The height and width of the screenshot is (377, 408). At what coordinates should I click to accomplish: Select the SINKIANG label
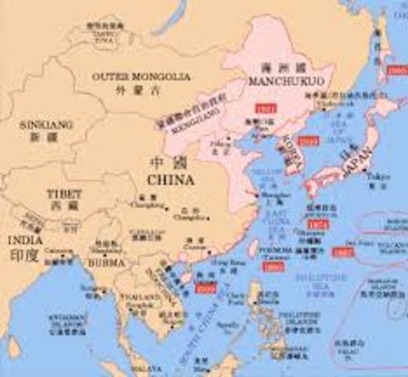pos(35,124)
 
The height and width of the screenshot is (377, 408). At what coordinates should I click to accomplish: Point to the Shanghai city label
pos(269,198)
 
